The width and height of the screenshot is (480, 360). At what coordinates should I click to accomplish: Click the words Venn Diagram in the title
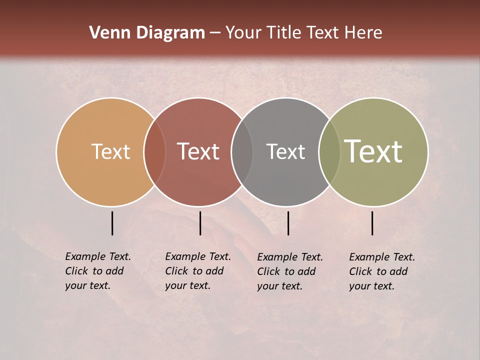pyautogui.click(x=147, y=33)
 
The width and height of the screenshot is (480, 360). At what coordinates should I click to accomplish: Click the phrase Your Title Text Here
pyautogui.click(x=303, y=33)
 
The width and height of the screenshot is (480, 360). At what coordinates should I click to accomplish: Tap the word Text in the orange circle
pyautogui.click(x=110, y=152)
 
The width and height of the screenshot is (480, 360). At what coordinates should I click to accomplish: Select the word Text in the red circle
pyautogui.click(x=198, y=152)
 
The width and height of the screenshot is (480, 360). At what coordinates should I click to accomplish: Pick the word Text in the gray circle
pyautogui.click(x=285, y=152)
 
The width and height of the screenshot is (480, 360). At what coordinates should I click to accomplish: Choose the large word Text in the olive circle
pyautogui.click(x=373, y=152)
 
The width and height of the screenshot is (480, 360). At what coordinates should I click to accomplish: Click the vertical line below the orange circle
pyautogui.click(x=112, y=223)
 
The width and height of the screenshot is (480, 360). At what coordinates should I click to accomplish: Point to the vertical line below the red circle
pyautogui.click(x=200, y=223)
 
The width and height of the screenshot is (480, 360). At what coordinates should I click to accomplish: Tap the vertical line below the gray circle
pyautogui.click(x=288, y=223)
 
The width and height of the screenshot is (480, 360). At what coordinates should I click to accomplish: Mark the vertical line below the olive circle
pyautogui.click(x=372, y=223)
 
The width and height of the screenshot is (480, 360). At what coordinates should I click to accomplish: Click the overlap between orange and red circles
pyautogui.click(x=154, y=152)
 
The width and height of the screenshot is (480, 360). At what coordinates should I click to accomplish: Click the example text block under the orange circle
pyautogui.click(x=98, y=271)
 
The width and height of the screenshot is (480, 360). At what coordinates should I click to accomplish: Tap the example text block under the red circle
pyautogui.click(x=198, y=271)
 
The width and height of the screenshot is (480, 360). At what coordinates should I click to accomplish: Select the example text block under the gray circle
pyautogui.click(x=290, y=271)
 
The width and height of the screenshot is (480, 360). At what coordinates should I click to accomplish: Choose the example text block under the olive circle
pyautogui.click(x=382, y=271)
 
